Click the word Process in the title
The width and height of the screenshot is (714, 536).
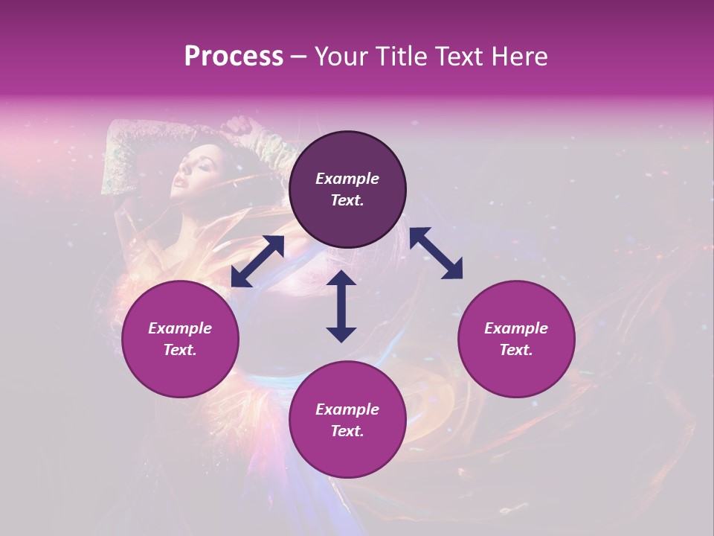(234, 57)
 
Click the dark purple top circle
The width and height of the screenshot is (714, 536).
(347, 190)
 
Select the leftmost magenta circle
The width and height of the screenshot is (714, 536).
(180, 339)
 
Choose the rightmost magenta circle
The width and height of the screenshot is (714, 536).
(516, 339)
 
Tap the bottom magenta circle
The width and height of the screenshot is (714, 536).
(347, 420)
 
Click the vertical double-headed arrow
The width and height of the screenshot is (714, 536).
(341, 306)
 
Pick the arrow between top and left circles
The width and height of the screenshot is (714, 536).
(257, 261)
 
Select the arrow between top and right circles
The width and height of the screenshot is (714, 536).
(436, 253)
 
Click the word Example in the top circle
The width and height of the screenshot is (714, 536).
(347, 179)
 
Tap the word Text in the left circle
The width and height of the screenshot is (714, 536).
(180, 350)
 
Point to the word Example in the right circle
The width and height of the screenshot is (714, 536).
(516, 328)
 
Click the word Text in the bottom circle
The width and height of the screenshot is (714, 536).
(347, 431)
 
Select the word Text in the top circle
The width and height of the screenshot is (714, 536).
(347, 201)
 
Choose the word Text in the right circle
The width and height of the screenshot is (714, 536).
(516, 350)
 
